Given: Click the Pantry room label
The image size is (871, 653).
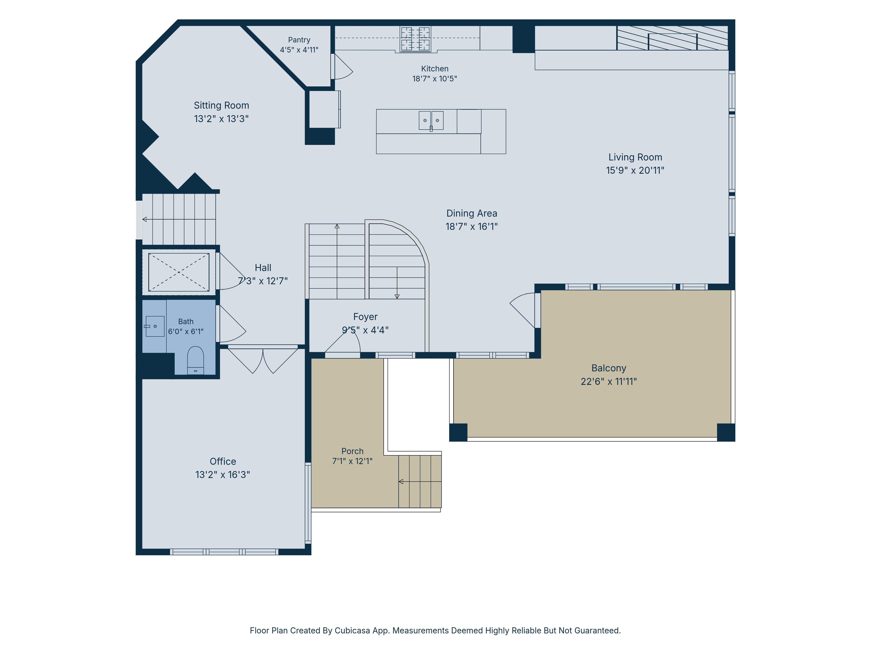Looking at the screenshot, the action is click(x=299, y=40).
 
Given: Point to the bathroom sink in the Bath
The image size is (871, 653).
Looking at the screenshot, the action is click(x=155, y=326).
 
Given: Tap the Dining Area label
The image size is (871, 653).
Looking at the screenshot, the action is click(x=471, y=213).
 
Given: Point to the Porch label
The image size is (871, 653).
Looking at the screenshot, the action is click(x=352, y=451).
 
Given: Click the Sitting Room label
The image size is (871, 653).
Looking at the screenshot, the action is click(x=221, y=106).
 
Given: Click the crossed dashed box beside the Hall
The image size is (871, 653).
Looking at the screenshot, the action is click(x=179, y=272).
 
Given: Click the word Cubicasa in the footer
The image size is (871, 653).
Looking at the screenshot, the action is click(x=352, y=631).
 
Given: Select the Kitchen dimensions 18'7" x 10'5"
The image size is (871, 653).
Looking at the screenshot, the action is click(x=434, y=79).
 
